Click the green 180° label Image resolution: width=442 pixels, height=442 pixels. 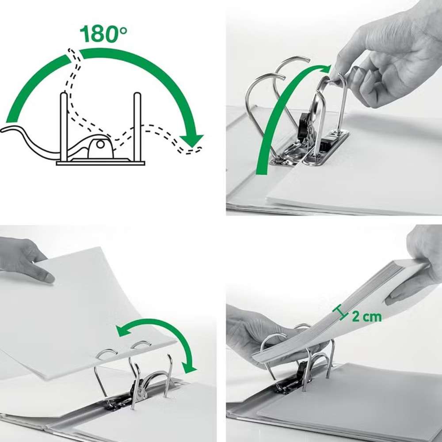pos(103,34)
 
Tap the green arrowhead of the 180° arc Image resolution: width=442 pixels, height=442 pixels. pos(192,141)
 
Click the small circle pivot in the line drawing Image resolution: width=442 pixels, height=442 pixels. pos(100,144)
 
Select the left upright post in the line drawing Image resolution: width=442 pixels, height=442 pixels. pos(64,127)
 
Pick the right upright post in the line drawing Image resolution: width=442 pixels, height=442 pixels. pos(137,127)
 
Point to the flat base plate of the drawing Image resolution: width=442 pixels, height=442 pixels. pos(101,163)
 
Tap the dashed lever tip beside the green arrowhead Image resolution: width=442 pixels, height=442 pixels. pos(192,150)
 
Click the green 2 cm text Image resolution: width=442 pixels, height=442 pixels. pos(367,316)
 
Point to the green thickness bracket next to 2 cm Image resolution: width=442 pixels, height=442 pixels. pos(340,312)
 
